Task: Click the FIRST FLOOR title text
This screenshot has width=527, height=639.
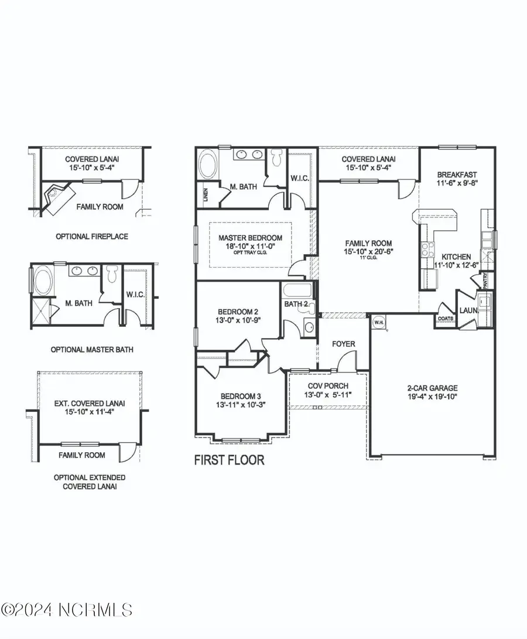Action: coord(229,460)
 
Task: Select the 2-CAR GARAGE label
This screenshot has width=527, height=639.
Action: coord(433,388)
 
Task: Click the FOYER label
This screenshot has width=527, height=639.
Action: coord(343,344)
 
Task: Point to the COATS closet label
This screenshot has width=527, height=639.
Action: coord(444,319)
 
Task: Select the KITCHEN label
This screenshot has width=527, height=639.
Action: coord(456,257)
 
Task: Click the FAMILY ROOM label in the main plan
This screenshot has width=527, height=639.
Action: coord(368,243)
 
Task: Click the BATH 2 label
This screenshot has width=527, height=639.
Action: coord(296,304)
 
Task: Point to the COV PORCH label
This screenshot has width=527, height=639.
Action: coord(328,385)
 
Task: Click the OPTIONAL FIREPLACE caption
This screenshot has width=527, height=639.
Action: coord(91,237)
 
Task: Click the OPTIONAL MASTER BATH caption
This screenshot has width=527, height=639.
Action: coord(91,350)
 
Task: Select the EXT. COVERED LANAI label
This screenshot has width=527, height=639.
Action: coord(90,403)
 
